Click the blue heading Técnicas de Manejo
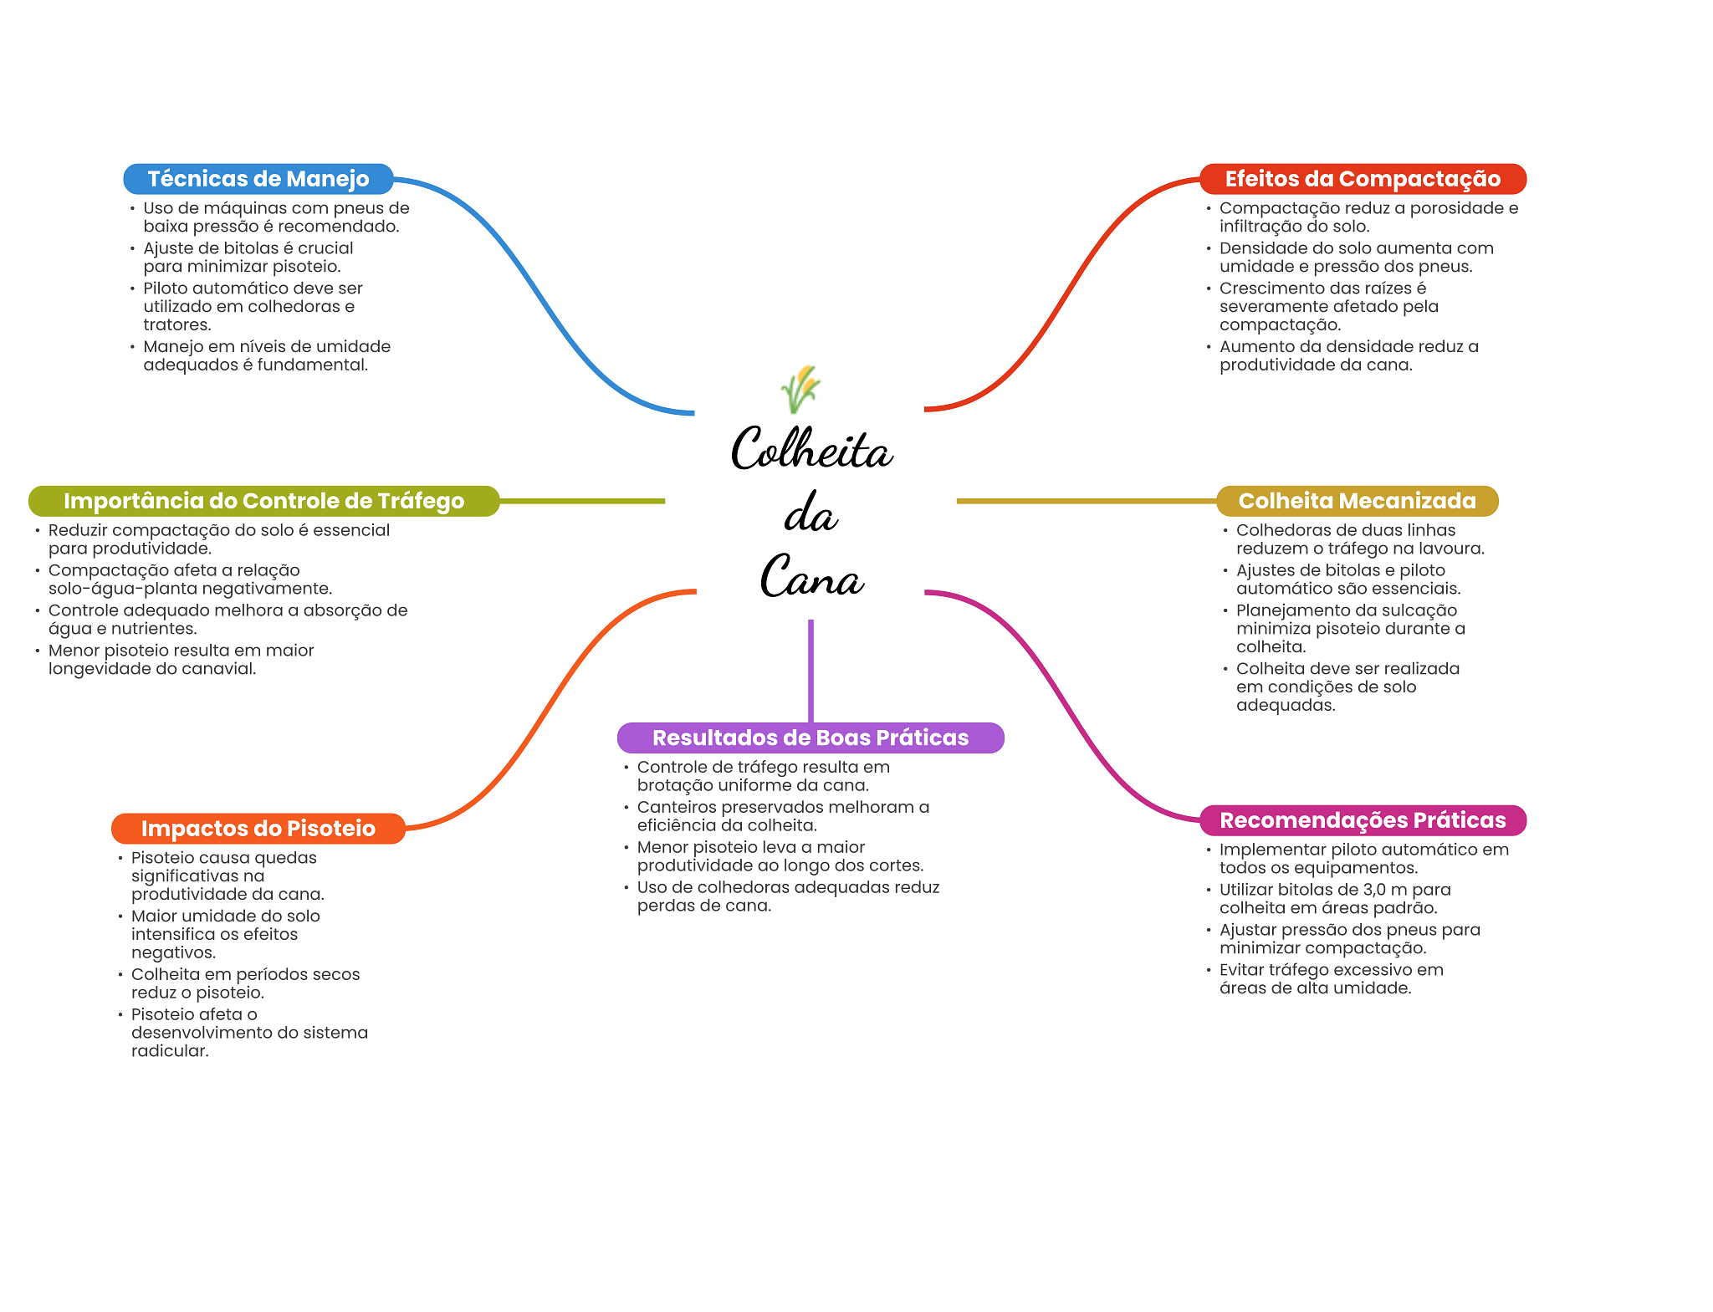click(x=258, y=179)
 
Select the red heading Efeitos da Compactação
click(x=1362, y=179)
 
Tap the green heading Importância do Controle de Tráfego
click(x=263, y=501)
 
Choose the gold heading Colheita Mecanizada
click(x=1356, y=501)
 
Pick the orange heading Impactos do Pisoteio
click(x=258, y=829)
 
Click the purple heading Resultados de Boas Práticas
click(x=810, y=738)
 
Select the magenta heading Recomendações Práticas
click(x=1362, y=820)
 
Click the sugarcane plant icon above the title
click(x=800, y=389)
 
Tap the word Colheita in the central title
click(x=811, y=449)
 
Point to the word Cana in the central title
click(x=811, y=577)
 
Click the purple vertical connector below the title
click(x=810, y=669)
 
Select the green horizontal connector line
click(x=581, y=501)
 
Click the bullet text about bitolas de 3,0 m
click(x=1333, y=899)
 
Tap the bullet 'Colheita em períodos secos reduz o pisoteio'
click(x=244, y=983)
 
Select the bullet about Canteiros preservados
click(x=782, y=816)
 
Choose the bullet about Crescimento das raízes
click(x=1328, y=306)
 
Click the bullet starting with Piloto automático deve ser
click(x=252, y=306)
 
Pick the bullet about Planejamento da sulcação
click(x=1349, y=628)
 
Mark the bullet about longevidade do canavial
click(x=181, y=659)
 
